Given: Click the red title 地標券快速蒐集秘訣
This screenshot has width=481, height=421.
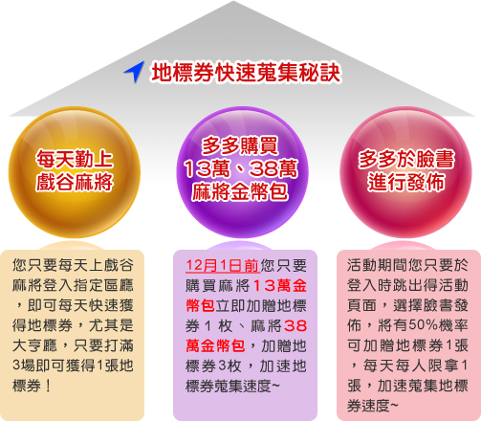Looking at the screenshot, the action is (x=246, y=73).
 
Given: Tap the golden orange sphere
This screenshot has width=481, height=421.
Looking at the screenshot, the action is (x=75, y=172).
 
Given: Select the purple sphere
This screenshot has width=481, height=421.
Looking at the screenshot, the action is (x=242, y=172).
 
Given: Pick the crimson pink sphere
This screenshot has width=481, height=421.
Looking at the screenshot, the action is (x=406, y=172).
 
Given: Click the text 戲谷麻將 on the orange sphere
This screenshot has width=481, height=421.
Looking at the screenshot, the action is (x=75, y=182).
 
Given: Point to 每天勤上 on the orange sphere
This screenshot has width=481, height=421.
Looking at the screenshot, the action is (x=75, y=159).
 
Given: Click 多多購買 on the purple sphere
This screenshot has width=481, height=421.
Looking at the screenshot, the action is (x=240, y=145).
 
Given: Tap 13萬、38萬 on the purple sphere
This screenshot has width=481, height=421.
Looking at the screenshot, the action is (x=241, y=168).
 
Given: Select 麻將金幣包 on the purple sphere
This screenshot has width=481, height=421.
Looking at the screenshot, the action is (x=240, y=191).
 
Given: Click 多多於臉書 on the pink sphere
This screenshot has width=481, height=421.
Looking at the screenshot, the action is (x=406, y=159).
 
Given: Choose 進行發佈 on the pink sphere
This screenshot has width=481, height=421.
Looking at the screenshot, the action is (x=406, y=182).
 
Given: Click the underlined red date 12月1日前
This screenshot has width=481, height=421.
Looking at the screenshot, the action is (x=223, y=266).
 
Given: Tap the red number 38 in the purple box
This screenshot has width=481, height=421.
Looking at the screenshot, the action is (x=295, y=325).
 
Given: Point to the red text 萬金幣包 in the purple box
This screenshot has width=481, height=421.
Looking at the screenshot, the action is (x=215, y=345).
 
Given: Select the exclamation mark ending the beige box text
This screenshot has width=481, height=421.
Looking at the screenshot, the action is (x=48, y=386).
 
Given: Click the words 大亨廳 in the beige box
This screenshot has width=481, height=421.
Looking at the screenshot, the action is (x=34, y=345).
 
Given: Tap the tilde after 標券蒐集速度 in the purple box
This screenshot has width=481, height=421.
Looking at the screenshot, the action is (x=275, y=387).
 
